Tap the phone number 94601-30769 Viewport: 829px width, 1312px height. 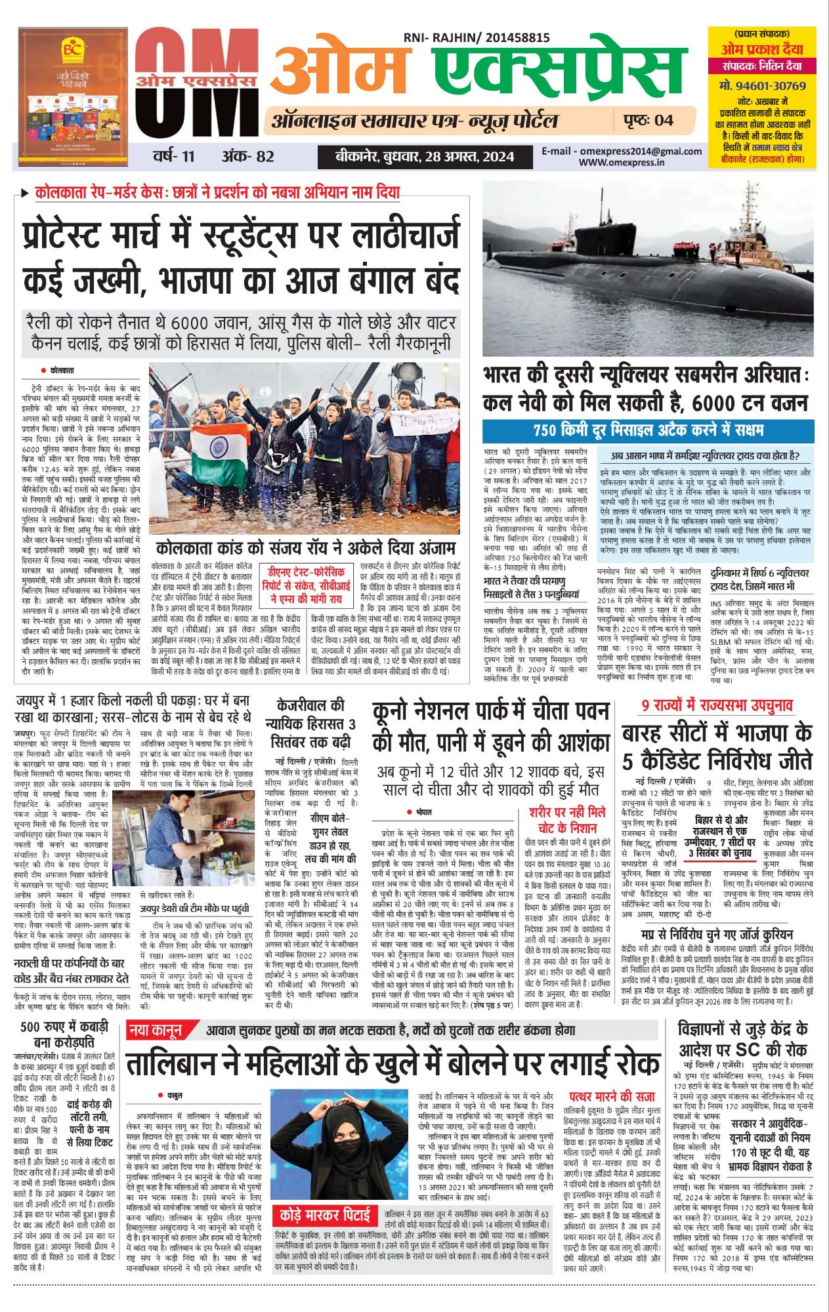coord(762,86)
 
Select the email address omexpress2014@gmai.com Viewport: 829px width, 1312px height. coord(621,151)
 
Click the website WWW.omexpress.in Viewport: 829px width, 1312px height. coord(621,163)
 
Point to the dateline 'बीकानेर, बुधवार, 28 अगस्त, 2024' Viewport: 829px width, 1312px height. coord(425,157)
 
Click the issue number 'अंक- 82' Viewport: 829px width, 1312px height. coord(247,157)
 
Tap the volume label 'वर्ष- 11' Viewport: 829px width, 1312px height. coord(174,157)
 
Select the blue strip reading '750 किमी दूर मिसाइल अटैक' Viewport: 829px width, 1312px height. coord(648,431)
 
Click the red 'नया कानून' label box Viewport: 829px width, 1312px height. coord(156,1031)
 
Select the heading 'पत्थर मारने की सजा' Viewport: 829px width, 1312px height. coord(612,1096)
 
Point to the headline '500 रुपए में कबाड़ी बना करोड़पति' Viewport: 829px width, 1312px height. coord(64,1035)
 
